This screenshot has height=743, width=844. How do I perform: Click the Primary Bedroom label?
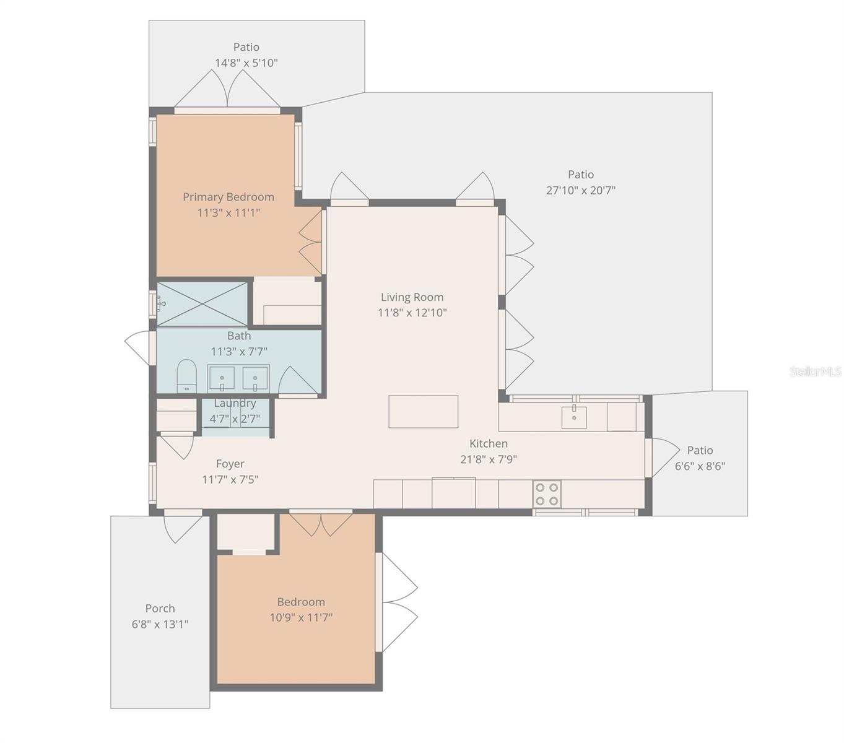[x=228, y=196]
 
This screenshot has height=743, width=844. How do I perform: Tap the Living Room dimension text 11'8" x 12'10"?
[x=412, y=312]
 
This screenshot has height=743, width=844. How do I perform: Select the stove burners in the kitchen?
[x=547, y=494]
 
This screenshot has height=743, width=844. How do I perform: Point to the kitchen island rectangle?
[x=424, y=412]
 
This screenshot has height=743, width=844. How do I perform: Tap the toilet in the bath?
[x=186, y=376]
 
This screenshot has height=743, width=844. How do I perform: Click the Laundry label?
[x=235, y=403]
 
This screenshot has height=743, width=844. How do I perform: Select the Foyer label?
[x=230, y=464]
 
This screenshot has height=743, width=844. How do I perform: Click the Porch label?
[x=160, y=608]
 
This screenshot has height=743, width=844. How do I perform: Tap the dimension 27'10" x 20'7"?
[x=581, y=190]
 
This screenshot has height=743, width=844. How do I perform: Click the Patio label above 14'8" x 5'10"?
[x=246, y=46]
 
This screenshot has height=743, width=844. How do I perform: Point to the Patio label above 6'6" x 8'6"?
[x=700, y=450]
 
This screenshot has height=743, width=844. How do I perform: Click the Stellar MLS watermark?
[x=815, y=371]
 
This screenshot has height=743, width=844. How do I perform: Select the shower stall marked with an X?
[x=202, y=303]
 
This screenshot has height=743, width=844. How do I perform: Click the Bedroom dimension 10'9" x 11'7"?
[x=301, y=617]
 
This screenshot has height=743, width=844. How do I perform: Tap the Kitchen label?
[x=488, y=443]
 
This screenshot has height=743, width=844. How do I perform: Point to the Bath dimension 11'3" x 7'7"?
[x=238, y=352]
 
